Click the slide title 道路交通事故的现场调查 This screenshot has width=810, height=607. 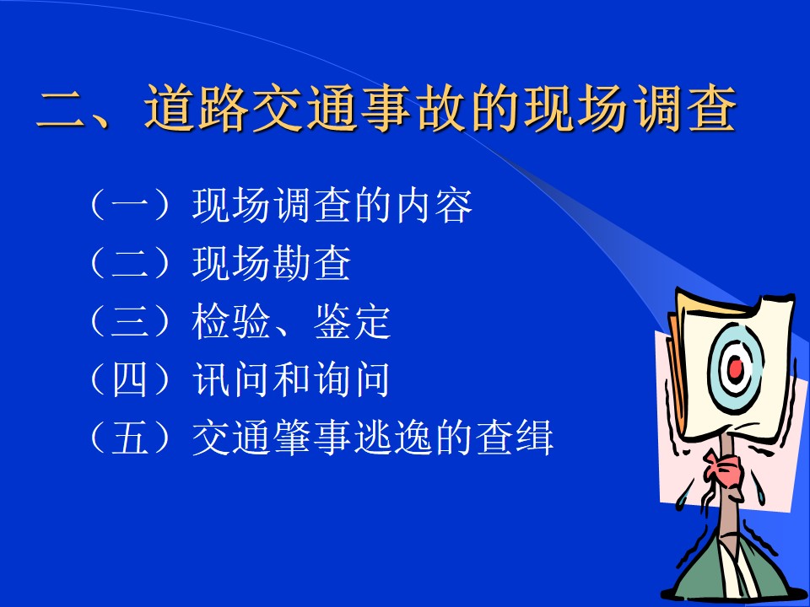tap(440, 108)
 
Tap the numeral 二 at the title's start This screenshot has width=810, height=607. tap(62, 108)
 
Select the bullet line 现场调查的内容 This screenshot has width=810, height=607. tap(332, 205)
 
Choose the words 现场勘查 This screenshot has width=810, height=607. tap(272, 263)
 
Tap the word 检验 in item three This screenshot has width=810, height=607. tap(231, 321)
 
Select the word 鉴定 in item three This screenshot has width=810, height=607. tap(353, 321)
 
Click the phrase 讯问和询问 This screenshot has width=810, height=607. tap(291, 380)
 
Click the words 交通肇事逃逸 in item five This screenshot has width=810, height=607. tap(312, 438)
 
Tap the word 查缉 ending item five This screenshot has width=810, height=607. tap(515, 438)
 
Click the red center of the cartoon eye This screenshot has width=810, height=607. tap(735, 368)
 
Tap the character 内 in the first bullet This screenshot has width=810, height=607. tap(413, 205)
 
